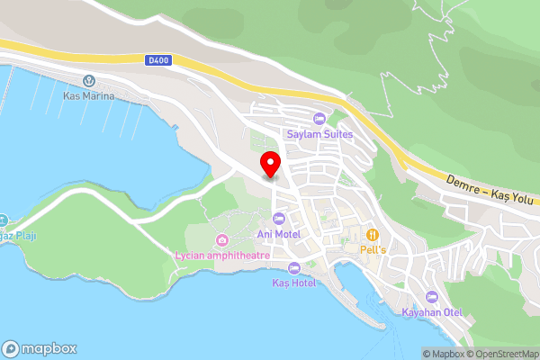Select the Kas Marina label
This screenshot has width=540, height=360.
pos(88,95)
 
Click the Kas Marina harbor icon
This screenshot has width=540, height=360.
pos(88,81)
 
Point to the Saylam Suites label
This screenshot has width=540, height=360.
pos(319,135)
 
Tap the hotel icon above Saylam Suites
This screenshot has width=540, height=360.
pos(319,120)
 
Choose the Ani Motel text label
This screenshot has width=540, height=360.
pos(279,234)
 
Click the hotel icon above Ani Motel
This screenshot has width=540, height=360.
pos(278,219)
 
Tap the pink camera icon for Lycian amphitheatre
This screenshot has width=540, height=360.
pos(221,239)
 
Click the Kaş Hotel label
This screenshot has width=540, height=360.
pos(293,283)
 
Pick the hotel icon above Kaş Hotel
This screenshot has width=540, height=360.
pos(293,267)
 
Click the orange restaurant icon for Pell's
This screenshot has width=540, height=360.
pos(372,233)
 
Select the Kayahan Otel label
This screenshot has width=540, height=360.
pos(432,312)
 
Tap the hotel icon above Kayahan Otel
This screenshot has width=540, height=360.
pos(432,297)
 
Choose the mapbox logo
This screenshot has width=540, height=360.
pos(40,349)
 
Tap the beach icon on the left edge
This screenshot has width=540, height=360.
pos(3,220)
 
